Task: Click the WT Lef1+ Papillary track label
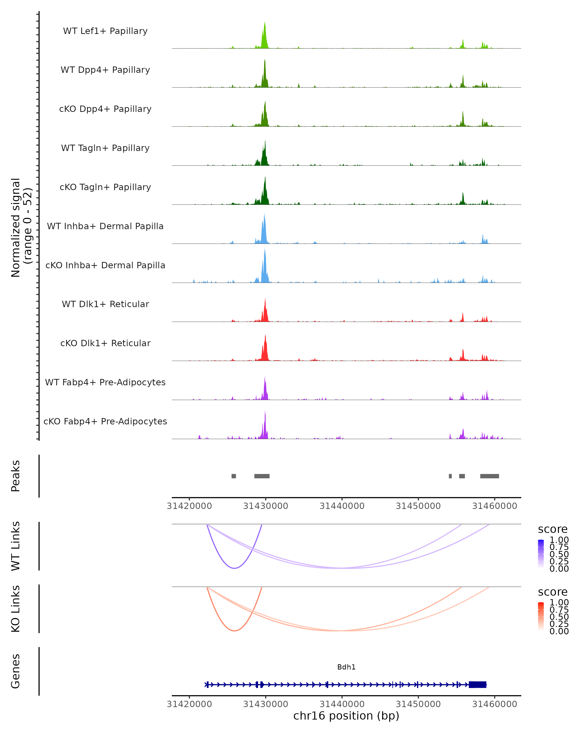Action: pyautogui.click(x=105, y=31)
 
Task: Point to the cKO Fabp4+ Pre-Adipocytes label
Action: pyautogui.click(x=105, y=421)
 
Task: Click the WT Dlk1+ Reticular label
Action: pyautogui.click(x=105, y=304)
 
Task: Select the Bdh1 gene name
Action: pyautogui.click(x=346, y=667)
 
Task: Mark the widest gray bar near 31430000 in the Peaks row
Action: pyautogui.click(x=262, y=476)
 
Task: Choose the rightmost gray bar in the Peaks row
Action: pyautogui.click(x=490, y=476)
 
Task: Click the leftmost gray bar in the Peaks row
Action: pyautogui.click(x=234, y=476)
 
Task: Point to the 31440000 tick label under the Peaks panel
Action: pyautogui.click(x=342, y=506)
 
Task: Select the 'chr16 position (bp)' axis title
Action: pyautogui.click(x=346, y=716)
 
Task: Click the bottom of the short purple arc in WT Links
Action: pyautogui.click(x=234, y=568)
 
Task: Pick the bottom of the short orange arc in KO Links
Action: pyautogui.click(x=234, y=631)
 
